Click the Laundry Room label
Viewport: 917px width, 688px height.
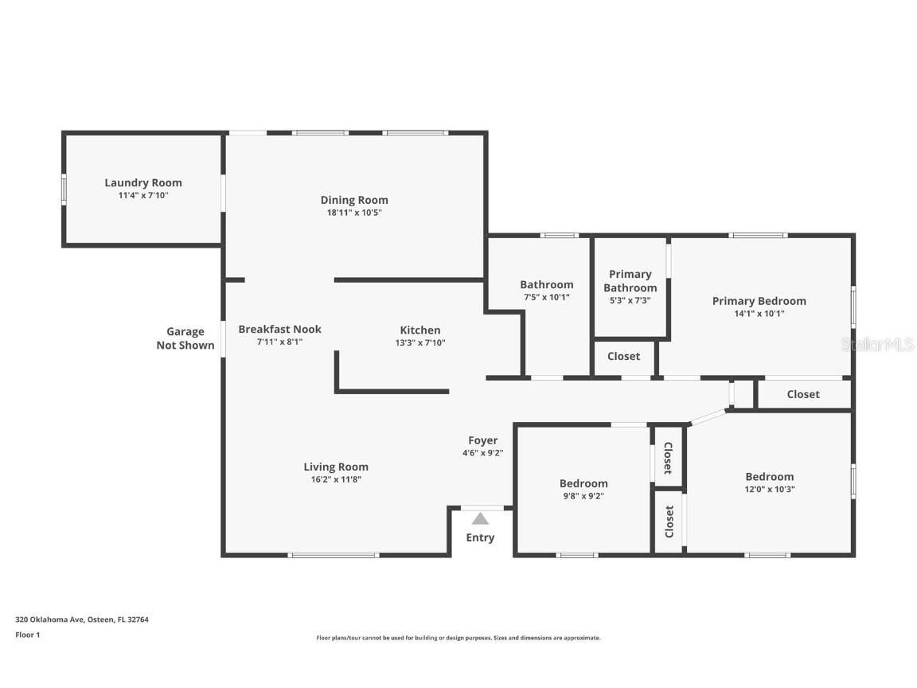point(143,182)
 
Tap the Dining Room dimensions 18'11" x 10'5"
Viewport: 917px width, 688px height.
point(354,213)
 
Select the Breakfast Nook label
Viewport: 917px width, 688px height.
point(279,329)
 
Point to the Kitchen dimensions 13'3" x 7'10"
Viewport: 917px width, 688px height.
point(420,343)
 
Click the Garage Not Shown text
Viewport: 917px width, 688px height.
point(185,338)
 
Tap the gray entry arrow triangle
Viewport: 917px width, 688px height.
point(480,518)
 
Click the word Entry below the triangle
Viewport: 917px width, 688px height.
point(480,537)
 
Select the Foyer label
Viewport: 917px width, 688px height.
point(483,440)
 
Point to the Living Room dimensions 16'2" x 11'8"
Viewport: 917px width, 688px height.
point(336,479)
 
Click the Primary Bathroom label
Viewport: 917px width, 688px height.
point(630,281)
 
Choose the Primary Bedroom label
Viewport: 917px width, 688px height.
point(759,301)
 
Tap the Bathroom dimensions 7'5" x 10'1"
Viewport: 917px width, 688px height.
point(547,297)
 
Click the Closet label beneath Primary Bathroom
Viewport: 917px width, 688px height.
point(623,356)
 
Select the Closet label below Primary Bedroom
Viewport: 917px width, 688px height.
point(803,394)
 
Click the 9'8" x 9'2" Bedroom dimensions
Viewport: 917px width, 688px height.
point(583,495)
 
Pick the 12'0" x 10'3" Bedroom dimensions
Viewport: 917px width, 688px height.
point(770,489)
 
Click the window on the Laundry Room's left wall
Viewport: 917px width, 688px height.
point(64,189)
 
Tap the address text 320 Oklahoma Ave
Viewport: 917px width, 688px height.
point(50,620)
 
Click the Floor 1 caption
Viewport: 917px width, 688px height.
point(28,635)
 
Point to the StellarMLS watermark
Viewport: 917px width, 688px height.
point(877,344)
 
